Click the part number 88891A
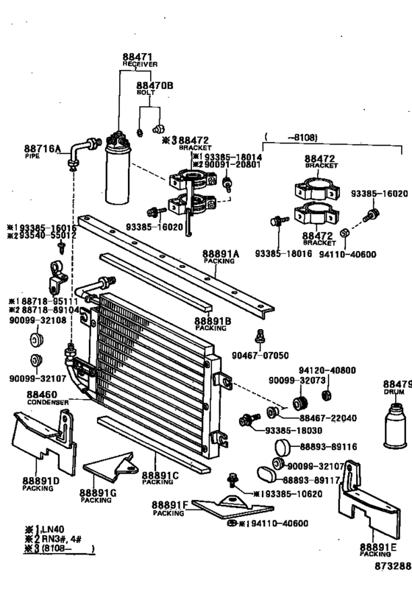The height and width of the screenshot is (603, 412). [221, 253]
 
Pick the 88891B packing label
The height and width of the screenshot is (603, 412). [213, 320]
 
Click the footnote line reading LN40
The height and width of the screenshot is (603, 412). [44, 529]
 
